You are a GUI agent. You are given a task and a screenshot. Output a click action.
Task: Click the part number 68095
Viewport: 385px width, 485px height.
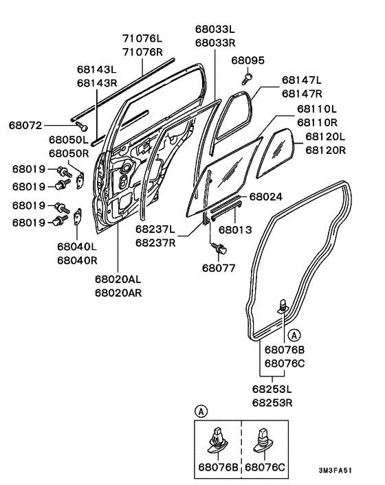pos(247,60)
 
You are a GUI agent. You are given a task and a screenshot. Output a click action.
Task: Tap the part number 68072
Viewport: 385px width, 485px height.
pos(25,125)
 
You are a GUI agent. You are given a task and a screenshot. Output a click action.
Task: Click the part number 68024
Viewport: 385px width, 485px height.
pos(266,196)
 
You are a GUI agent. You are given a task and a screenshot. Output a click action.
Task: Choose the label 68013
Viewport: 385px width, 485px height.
pos(254,228)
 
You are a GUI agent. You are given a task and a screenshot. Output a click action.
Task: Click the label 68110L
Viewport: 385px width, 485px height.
pos(317,109)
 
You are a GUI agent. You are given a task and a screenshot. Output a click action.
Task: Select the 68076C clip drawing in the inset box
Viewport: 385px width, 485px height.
pos(263,440)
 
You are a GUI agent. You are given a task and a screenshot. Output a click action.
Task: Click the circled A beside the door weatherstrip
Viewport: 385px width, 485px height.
pos(294,335)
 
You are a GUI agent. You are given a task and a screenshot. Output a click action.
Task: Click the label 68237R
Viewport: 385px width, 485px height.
pos(155,242)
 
